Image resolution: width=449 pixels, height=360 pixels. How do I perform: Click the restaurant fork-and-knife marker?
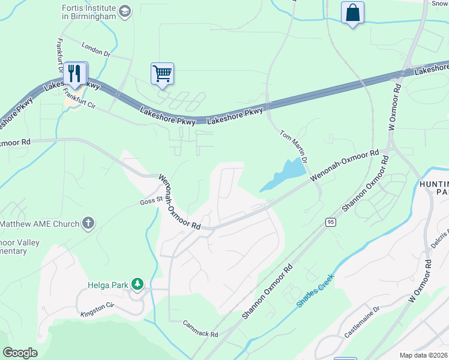click(75, 73)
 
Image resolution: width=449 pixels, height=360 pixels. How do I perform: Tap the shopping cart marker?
click(162, 74)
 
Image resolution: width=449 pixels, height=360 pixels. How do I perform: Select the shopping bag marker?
click(352, 13)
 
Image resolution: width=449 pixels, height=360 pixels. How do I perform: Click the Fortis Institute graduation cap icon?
click(125, 11)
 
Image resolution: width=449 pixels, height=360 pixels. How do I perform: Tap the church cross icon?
click(88, 224)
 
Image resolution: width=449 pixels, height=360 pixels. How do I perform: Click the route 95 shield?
click(331, 222)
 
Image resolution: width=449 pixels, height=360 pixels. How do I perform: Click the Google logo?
click(20, 353)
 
